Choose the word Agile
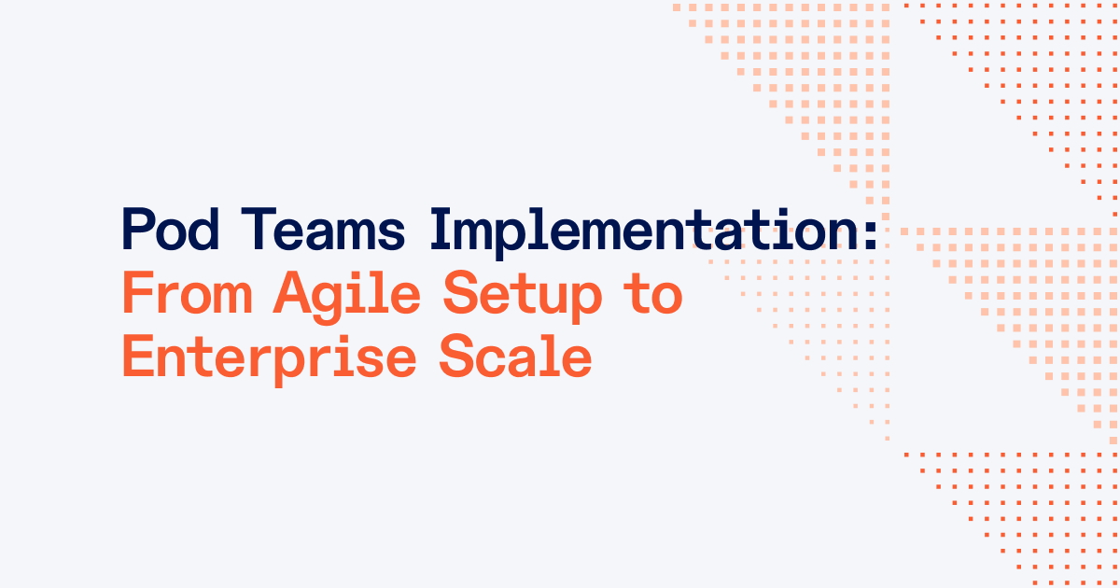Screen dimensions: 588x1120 click(349, 297)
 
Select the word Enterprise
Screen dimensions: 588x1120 click(269, 359)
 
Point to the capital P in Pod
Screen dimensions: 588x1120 click(139, 230)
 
